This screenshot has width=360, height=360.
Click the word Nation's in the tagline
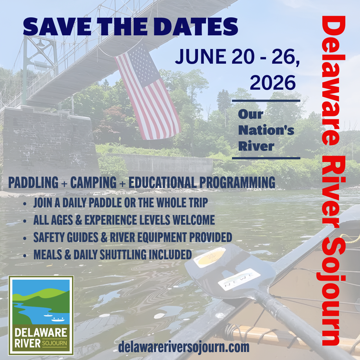pos(266,130)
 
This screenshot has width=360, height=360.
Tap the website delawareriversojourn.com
pos(184,347)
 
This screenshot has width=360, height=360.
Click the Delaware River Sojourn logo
pos(41,315)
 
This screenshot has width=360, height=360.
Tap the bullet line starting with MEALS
pos(112,255)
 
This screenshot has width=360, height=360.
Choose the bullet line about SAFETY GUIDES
pos(132,237)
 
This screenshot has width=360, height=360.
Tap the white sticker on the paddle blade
pos(239,279)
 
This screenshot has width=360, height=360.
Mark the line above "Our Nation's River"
pos(266,100)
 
